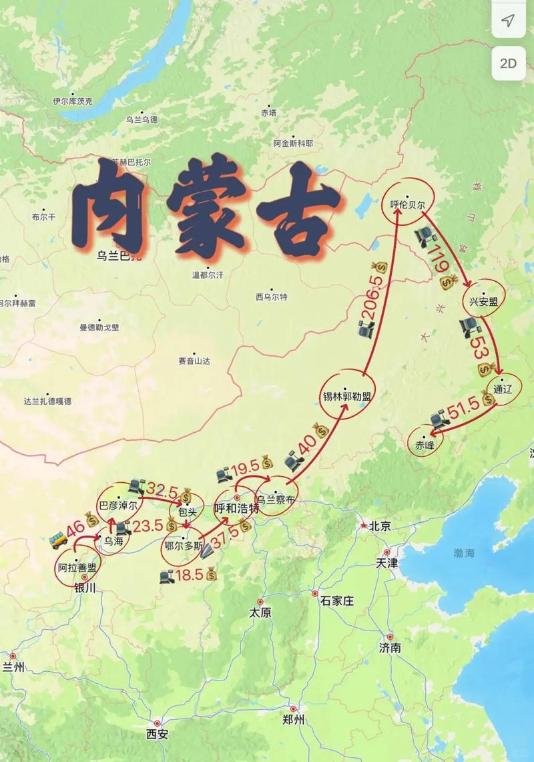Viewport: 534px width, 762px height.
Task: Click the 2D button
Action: pos(509,63)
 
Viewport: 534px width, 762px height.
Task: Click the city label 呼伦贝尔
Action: pos(407,205)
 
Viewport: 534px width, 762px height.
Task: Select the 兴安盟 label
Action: pos(483,301)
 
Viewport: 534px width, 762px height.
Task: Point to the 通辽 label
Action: pos(503,389)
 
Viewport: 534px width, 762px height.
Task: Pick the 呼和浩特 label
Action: pos(237,508)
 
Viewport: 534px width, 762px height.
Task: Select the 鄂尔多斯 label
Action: pos(183,544)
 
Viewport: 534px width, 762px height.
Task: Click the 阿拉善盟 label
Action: pos(77,568)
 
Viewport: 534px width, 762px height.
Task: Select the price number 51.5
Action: pos(465,409)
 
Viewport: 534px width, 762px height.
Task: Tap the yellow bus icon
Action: pos(59,539)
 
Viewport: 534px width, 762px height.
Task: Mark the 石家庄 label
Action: pos(337,600)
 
